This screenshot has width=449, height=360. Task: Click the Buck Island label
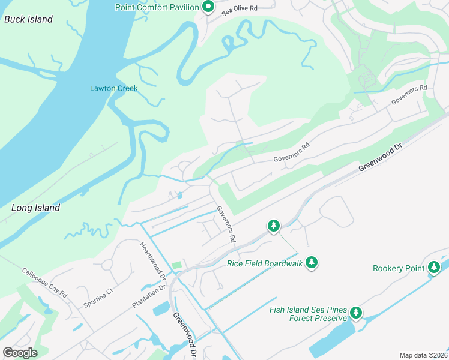pyautogui.click(x=28, y=19)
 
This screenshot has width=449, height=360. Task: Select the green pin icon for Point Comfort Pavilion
pyautogui.click(x=208, y=7)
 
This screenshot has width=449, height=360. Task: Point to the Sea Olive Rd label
pyautogui.click(x=240, y=9)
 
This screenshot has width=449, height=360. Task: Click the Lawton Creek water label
pyautogui.click(x=113, y=88)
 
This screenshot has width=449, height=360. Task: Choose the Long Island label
pyautogui.click(x=36, y=208)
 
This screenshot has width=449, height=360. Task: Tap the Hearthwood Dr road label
pyautogui.click(x=153, y=260)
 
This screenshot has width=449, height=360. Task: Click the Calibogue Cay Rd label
pyautogui.click(x=46, y=281)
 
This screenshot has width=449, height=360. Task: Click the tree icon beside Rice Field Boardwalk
pyautogui.click(x=311, y=262)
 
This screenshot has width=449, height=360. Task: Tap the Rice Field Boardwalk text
pyautogui.click(x=264, y=263)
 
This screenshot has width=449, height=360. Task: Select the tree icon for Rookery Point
pyautogui.click(x=434, y=268)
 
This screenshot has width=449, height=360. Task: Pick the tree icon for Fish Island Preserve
pyautogui.click(x=356, y=313)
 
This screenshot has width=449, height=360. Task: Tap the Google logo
pyautogui.click(x=20, y=352)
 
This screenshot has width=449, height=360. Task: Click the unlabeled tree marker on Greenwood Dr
pyautogui.click(x=273, y=226)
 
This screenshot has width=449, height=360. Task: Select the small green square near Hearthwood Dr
pyautogui.click(x=176, y=265)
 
